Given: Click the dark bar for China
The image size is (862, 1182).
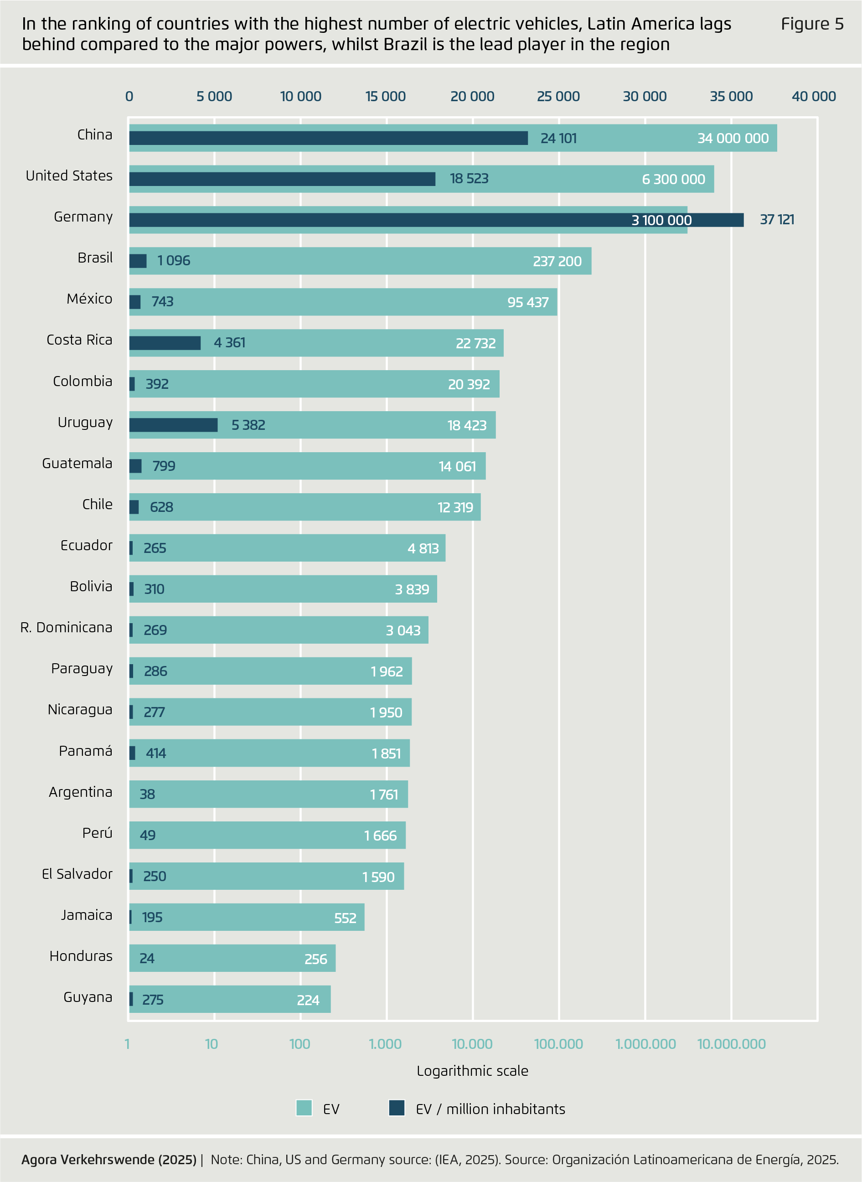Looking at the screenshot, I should pyautogui.click(x=328, y=138).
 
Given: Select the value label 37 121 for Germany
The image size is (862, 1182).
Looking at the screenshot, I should pyautogui.click(x=776, y=220).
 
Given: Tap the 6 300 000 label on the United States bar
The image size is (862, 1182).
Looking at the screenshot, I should pyautogui.click(x=673, y=180).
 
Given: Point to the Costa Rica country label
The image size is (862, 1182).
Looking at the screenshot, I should pyautogui.click(x=79, y=340).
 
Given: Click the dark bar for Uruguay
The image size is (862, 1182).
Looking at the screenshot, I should pyautogui.click(x=173, y=425).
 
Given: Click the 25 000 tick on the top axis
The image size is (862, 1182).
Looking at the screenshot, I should pyautogui.click(x=558, y=97).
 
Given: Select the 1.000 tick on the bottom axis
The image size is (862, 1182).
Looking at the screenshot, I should pyautogui.click(x=385, y=1044).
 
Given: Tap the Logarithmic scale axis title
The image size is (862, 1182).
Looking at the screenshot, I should pyautogui.click(x=472, y=1071).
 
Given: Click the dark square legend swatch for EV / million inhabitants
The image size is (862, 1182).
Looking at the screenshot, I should pyautogui.click(x=397, y=1108).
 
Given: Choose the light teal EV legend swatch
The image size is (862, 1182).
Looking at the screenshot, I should pyautogui.click(x=304, y=1108).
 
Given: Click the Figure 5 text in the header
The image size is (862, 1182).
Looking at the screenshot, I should pyautogui.click(x=812, y=24).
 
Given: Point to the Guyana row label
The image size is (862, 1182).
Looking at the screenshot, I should pyautogui.click(x=88, y=997).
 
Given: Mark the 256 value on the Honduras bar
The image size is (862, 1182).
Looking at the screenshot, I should pyautogui.click(x=316, y=959).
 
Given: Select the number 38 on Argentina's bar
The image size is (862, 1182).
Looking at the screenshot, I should pyautogui.click(x=147, y=794).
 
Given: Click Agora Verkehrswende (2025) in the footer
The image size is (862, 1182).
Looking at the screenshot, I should pyautogui.click(x=109, y=1160).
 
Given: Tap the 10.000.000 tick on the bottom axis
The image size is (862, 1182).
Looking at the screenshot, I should pyautogui.click(x=731, y=1044).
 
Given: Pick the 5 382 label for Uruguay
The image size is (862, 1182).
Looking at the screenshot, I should pyautogui.click(x=248, y=425).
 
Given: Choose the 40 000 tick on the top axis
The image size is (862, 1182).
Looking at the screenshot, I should pyautogui.click(x=814, y=97).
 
